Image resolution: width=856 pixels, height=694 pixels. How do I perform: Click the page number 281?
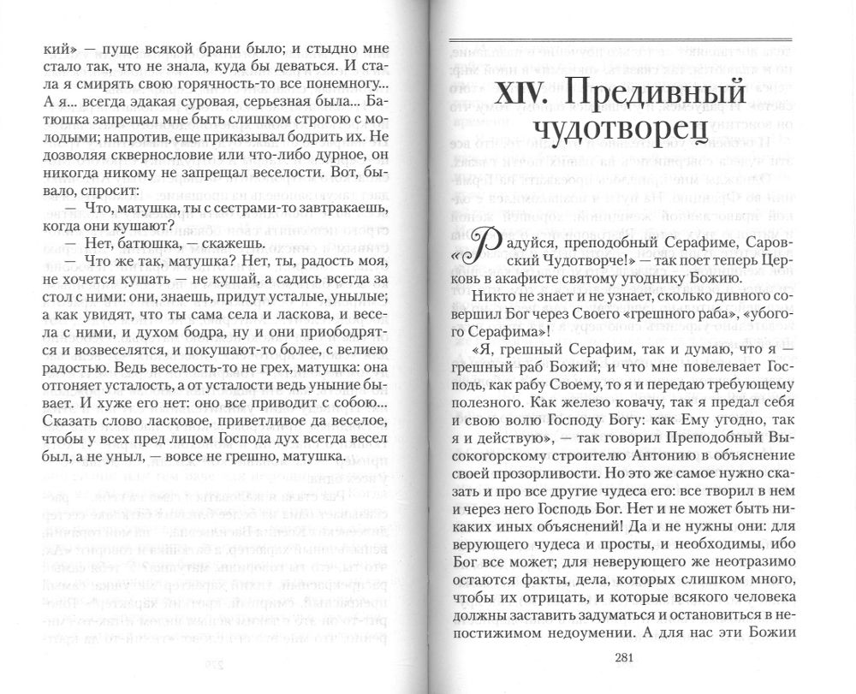[622, 658]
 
